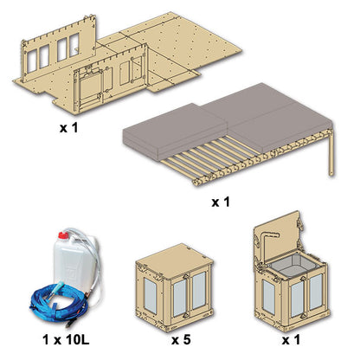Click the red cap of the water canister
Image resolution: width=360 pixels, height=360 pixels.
[62, 235]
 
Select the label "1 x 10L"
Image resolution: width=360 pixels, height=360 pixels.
[66, 340]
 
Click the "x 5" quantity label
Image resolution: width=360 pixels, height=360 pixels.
[181, 340]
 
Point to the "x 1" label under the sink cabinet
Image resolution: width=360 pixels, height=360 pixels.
[291, 340]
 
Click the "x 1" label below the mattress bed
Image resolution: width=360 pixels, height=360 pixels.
[221, 202]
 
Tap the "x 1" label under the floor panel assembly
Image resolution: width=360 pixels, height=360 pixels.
[68, 128]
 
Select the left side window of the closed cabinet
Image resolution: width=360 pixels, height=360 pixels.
[150, 295]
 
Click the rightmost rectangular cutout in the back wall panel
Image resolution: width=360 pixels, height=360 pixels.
[74, 45]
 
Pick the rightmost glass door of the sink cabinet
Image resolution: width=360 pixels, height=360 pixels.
[316, 292]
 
